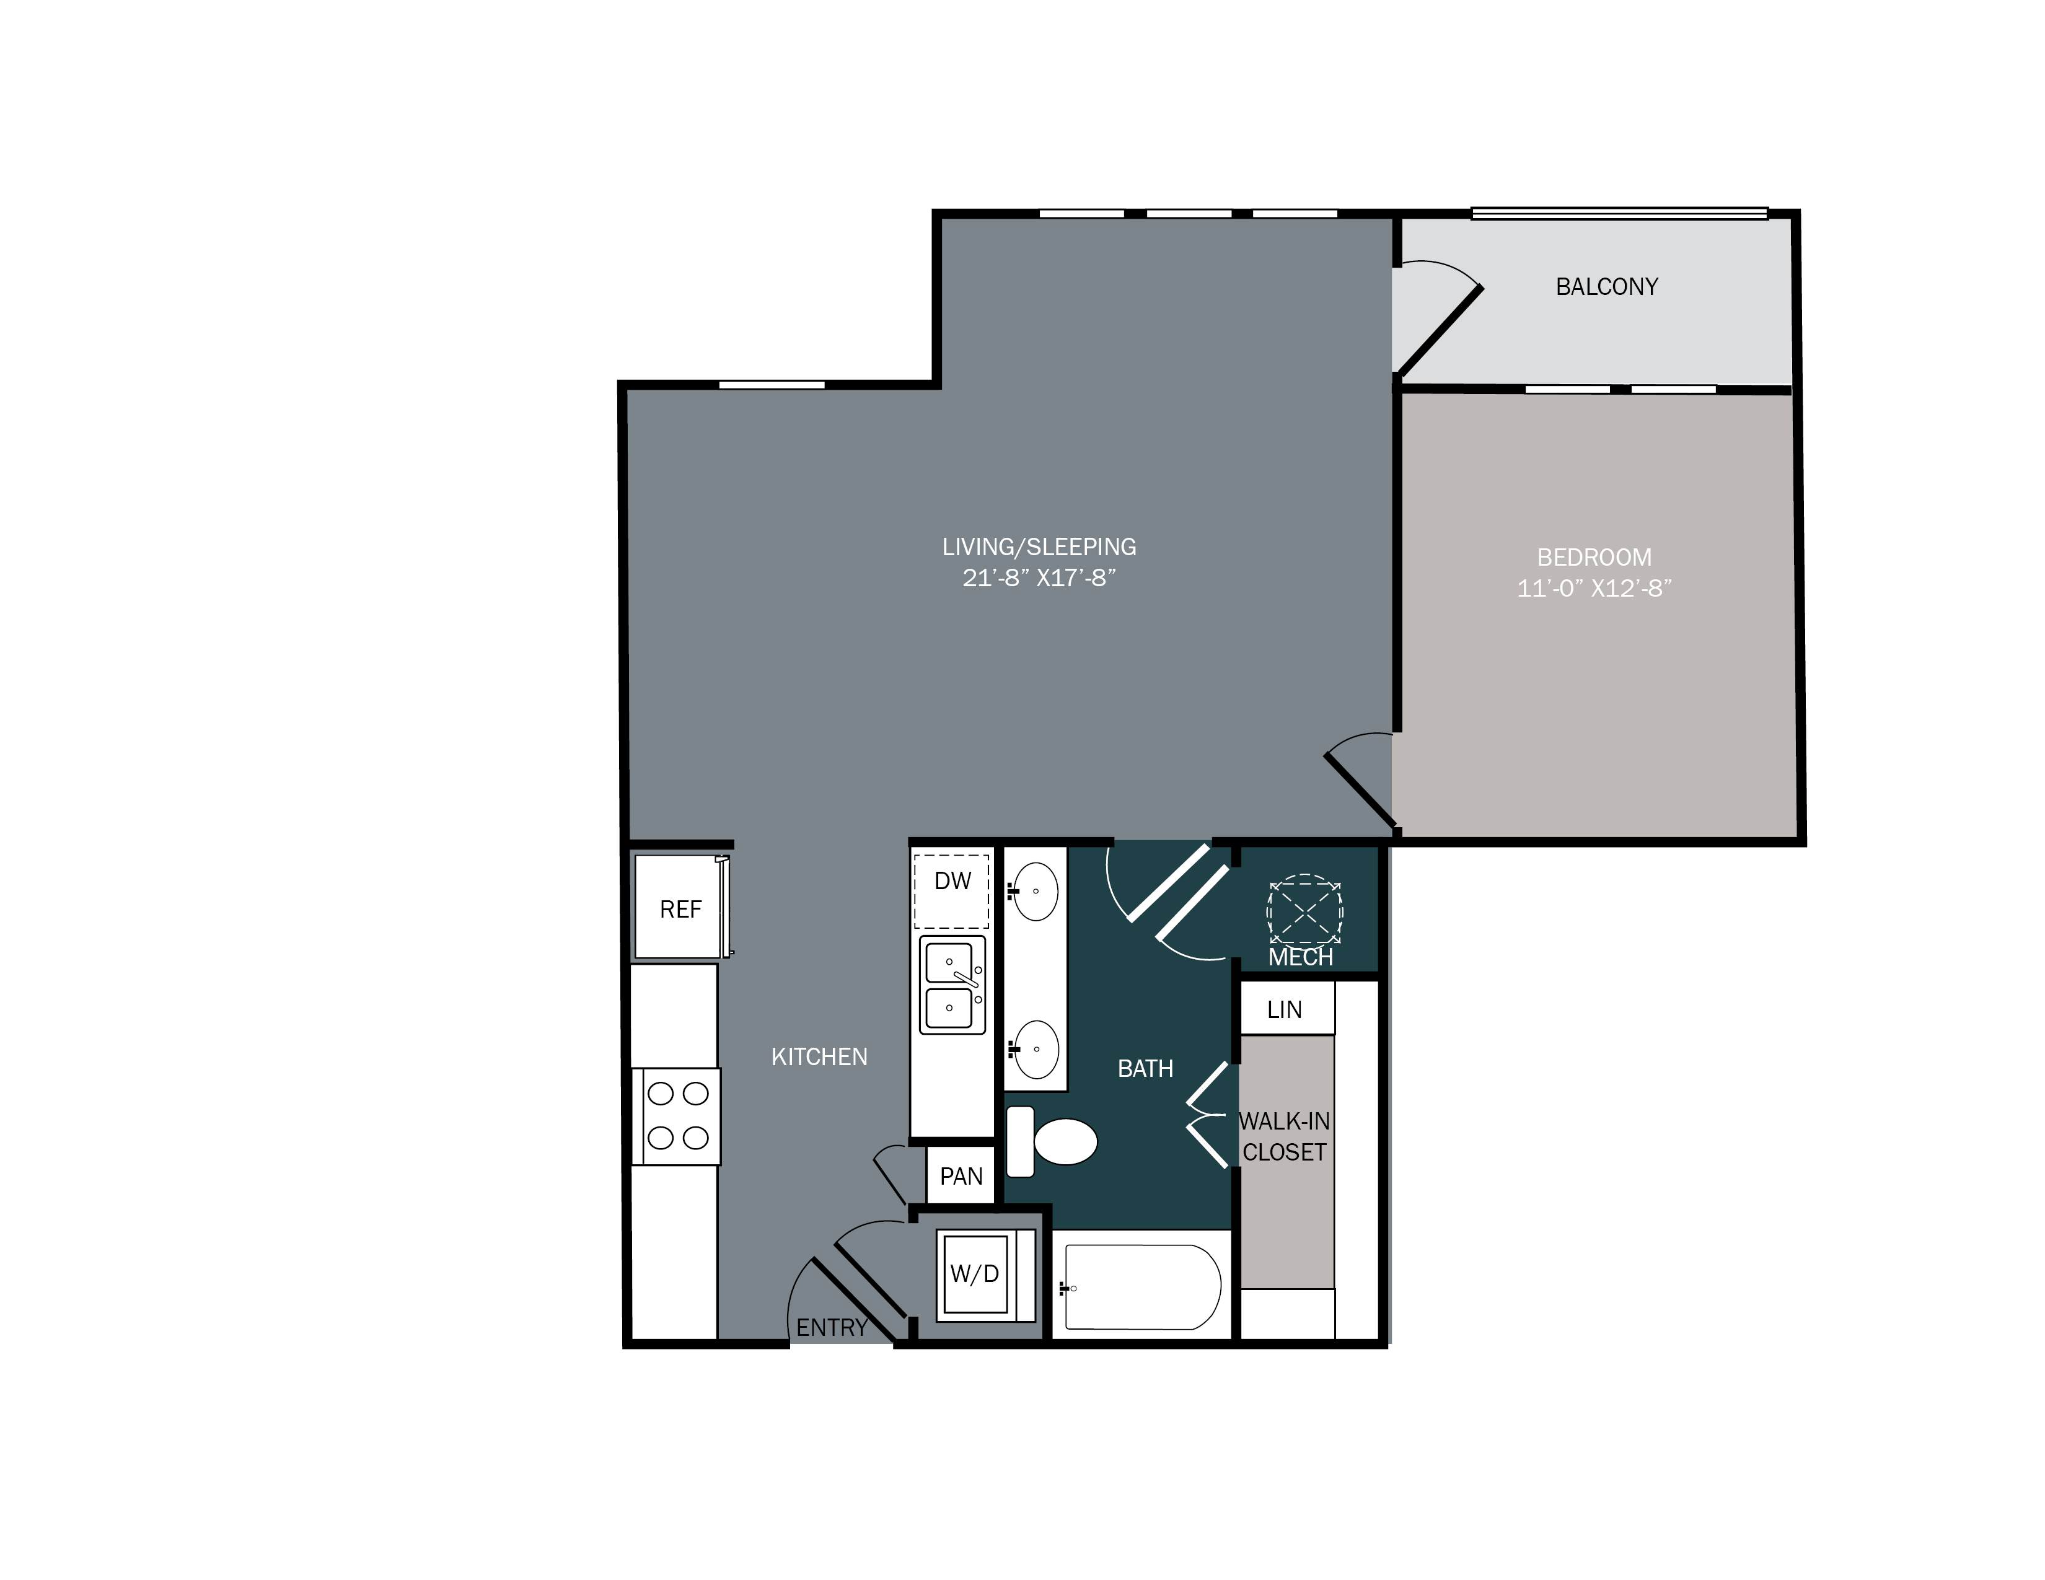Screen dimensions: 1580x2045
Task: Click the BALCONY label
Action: (x=1607, y=286)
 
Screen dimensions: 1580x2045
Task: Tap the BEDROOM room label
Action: (x=1594, y=557)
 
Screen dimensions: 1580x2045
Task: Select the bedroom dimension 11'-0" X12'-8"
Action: (x=1594, y=588)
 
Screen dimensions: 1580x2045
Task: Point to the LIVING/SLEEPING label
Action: (x=1039, y=546)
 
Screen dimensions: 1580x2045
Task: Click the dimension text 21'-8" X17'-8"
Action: (x=1039, y=577)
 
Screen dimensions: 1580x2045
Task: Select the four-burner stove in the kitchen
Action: (x=677, y=1117)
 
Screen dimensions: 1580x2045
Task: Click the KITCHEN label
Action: (x=819, y=1057)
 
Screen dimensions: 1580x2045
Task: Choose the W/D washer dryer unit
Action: (x=975, y=1274)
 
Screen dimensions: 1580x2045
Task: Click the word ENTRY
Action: (x=832, y=1327)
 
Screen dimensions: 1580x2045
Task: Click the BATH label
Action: (x=1145, y=1069)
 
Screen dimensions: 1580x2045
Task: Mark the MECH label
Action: (x=1301, y=957)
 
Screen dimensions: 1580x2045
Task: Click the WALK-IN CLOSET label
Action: (x=1285, y=1136)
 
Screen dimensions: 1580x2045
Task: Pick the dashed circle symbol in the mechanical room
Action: (x=1304, y=910)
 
